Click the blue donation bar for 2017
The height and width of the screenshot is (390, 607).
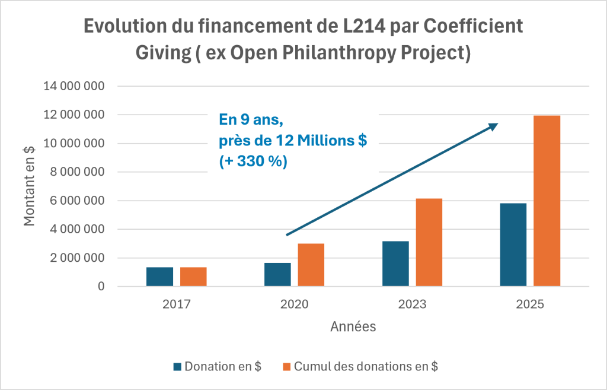click(159, 277)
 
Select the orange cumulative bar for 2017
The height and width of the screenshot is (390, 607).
click(193, 277)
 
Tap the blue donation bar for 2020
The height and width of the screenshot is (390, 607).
click(277, 275)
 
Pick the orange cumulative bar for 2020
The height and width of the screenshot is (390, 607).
click(311, 265)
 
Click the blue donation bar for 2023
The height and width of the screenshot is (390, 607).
click(395, 264)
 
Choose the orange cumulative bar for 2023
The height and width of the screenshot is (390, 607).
click(429, 243)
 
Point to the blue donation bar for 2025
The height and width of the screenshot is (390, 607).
click(513, 245)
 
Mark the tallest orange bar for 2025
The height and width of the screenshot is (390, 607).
click(547, 201)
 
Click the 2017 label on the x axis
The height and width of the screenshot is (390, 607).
click(177, 305)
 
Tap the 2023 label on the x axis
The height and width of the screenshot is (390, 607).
click(413, 305)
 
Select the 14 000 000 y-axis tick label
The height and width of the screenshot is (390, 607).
click(74, 86)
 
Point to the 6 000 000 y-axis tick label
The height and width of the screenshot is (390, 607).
click(78, 201)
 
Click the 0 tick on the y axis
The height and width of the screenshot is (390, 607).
click(101, 287)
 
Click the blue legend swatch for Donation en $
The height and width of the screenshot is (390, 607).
click(177, 367)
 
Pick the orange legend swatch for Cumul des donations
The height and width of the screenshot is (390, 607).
click(286, 367)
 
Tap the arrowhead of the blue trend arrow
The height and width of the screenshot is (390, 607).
click(494, 126)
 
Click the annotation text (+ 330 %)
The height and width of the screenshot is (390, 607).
click(253, 161)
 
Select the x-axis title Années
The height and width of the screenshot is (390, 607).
click(353, 327)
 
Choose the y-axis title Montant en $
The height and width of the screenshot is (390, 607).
click(29, 186)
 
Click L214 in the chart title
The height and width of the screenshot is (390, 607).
click(365, 26)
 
